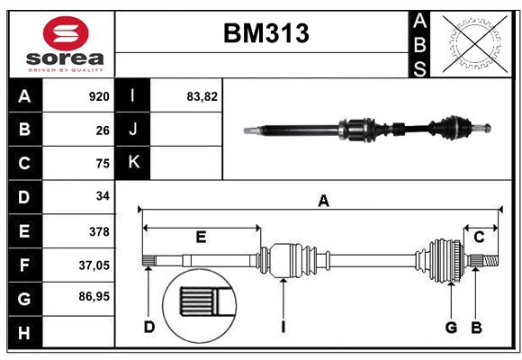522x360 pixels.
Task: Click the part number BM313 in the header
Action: coord(265,34)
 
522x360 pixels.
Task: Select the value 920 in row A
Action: coord(98,96)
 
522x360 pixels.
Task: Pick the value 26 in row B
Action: coord(102,130)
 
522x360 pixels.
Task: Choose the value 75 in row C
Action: coord(102,163)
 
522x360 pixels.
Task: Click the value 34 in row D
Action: coord(102,196)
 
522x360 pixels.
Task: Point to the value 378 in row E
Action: coord(98,231)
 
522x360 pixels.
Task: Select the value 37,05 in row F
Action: coord(94,265)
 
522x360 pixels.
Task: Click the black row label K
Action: coord(134,162)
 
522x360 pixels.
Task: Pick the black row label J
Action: coord(134,130)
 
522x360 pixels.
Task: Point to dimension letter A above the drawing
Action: coord(322,202)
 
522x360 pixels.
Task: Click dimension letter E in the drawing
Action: coord(201,238)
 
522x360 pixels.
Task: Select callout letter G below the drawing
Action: coord(451,327)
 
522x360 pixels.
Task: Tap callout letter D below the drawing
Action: coord(149,327)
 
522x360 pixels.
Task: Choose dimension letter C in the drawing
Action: coord(480,238)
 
